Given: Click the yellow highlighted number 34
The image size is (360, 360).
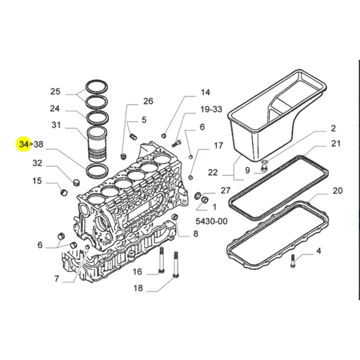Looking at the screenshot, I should coord(24,144).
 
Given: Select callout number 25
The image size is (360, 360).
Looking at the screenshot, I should coord(55,91).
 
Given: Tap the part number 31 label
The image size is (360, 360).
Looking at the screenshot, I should coord(56,125).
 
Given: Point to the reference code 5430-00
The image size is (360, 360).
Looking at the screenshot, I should coord(212,221).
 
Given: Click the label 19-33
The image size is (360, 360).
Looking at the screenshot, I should coord(211,109).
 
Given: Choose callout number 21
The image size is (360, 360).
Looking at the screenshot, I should coord(336,144).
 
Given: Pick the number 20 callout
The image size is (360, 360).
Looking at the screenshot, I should coord(337,191).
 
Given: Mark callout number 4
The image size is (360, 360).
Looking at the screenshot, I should coord(318,251).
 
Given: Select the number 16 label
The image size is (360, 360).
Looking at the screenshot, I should coord(137,271).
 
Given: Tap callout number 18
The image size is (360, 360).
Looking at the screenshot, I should coord(138,288).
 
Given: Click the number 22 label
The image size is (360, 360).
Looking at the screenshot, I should coord(213,172).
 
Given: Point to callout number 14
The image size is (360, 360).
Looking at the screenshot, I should coord(205,93).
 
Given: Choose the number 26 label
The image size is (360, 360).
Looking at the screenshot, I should coord(148,101).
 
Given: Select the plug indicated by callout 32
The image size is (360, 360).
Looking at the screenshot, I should coord(76,182).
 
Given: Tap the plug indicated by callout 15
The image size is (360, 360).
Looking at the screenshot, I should coord(64,192).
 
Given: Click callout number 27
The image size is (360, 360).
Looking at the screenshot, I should coord(225,190).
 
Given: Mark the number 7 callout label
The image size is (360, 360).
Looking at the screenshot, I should coord(57,279).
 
